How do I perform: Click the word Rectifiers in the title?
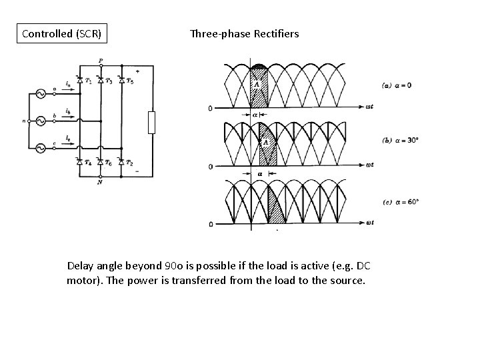click(x=275, y=33)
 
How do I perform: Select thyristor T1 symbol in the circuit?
click(x=79, y=81)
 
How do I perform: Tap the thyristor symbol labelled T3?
click(x=100, y=81)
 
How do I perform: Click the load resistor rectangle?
click(x=151, y=123)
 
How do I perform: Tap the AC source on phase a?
click(x=40, y=94)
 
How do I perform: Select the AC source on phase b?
click(x=40, y=121)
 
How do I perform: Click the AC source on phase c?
click(x=40, y=148)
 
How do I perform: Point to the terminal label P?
click(x=101, y=61)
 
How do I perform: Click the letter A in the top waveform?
click(x=254, y=83)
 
